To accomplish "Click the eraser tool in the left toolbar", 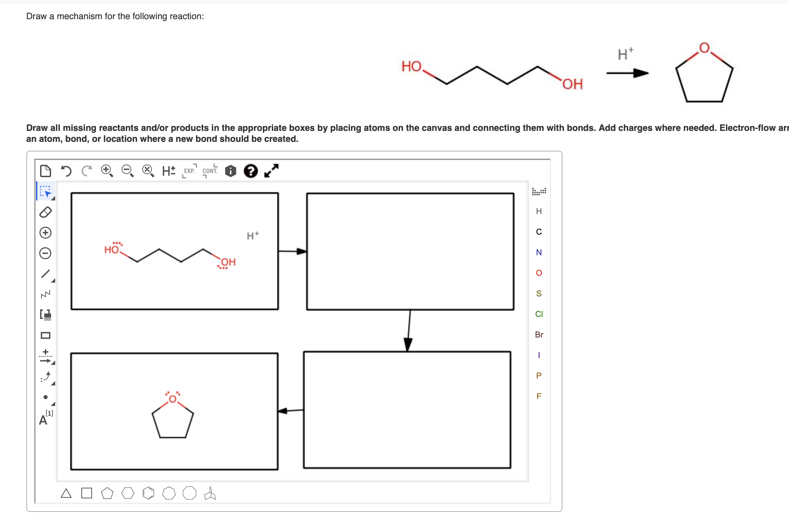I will pos(46,212).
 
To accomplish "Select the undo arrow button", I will pos(66,170).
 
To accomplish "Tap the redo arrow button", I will pos(87,170).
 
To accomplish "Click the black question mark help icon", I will pos(251,171).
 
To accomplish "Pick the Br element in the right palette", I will pos(539,334).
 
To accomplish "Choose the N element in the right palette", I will pos(539,253).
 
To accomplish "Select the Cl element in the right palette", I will pos(539,314).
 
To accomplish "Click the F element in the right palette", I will pos(539,396).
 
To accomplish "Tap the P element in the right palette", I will pos(539,376).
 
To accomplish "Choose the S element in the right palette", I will pos(539,293).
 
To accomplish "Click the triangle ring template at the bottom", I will pos(66,493).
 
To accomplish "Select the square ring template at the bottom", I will pos(87,493).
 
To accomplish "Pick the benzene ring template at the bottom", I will pos(148,493).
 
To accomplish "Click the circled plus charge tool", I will pos(46,233).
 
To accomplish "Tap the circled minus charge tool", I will pos(46,253).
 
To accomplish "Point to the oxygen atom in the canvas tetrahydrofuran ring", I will pos(172,399).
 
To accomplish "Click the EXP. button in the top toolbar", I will pos(189,171).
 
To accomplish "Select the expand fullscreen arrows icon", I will pos(271,171).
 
